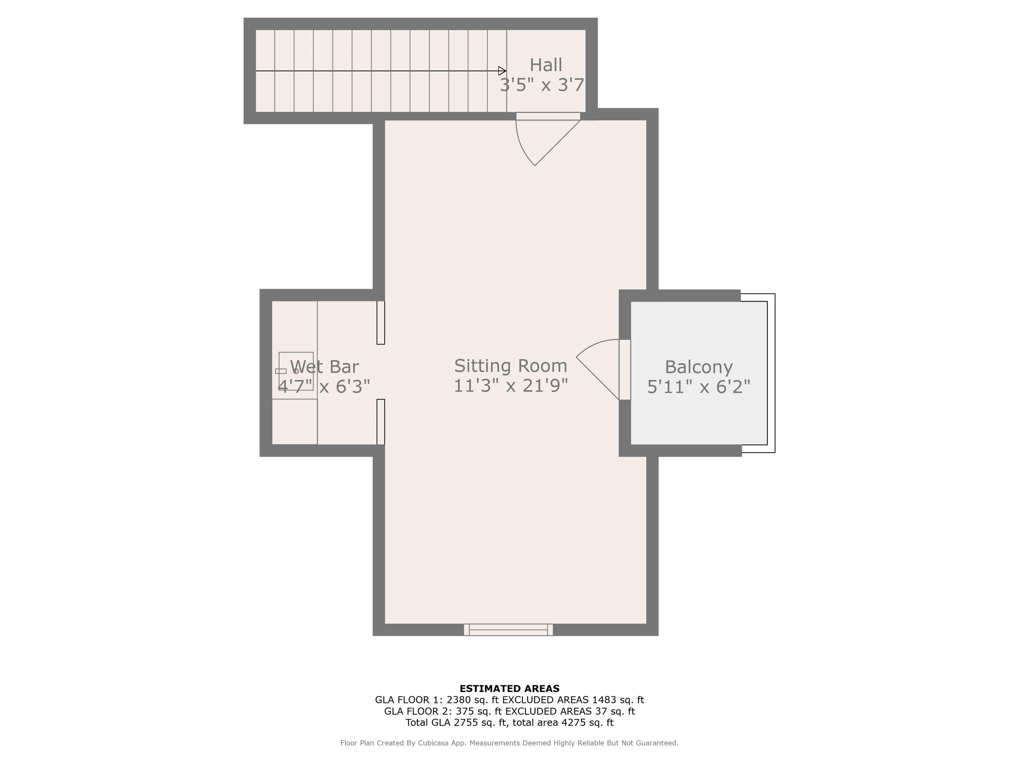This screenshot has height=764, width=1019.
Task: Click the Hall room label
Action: tap(546, 65)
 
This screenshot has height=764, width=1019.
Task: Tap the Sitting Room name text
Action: tap(510, 366)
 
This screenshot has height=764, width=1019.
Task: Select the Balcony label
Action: tap(698, 367)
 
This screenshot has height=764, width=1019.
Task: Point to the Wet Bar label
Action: tap(324, 366)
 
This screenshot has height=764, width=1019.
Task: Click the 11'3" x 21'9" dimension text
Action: tap(510, 385)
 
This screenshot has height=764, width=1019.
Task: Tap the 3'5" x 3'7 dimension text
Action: tap(542, 85)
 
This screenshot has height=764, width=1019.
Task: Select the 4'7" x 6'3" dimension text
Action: tap(324, 386)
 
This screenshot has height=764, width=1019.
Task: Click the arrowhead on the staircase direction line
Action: tap(503, 71)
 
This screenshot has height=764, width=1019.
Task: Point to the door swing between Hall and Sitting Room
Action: tap(534, 143)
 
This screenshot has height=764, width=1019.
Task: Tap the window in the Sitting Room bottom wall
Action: tap(508, 629)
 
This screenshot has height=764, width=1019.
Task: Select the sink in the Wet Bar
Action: tap(296, 371)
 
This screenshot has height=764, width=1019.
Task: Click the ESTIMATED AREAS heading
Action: tap(509, 688)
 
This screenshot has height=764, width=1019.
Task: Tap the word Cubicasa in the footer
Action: tap(434, 743)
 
